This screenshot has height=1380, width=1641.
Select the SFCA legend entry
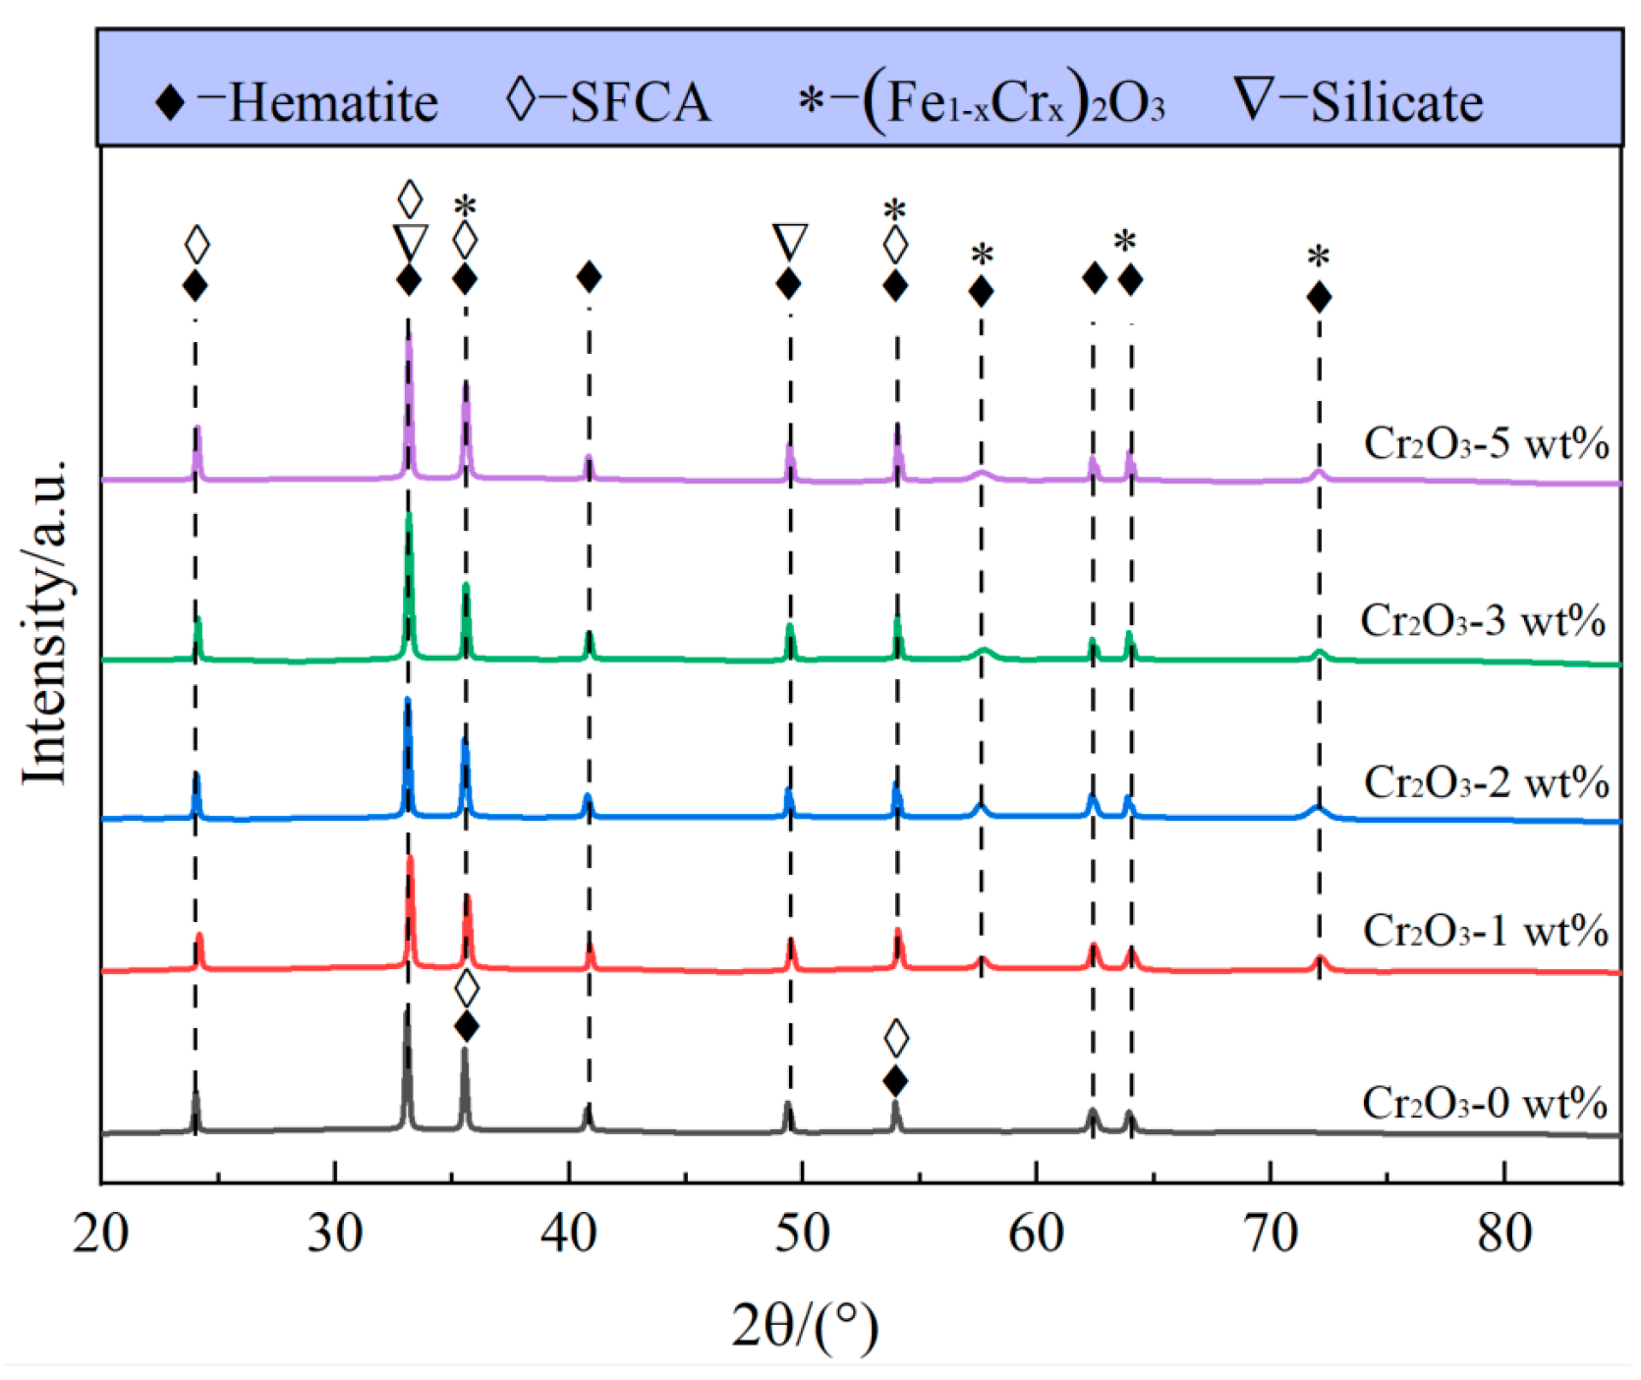point(608,101)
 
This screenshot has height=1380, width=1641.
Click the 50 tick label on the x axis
point(802,1232)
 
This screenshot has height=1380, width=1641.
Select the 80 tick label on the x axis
point(1504,1232)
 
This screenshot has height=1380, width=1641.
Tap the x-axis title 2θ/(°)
point(805,1326)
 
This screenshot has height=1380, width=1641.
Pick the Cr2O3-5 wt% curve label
point(1486,443)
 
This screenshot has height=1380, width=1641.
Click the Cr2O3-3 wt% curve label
point(1483,620)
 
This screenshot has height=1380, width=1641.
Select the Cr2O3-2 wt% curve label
point(1486,782)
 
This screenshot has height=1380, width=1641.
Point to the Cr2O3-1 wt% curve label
point(1485,930)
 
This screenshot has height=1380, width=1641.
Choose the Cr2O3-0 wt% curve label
point(1484,1103)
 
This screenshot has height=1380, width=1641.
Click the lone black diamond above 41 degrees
point(589,277)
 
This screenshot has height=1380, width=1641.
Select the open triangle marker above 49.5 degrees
point(790,241)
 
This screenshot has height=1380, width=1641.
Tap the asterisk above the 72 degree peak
point(1319,258)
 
